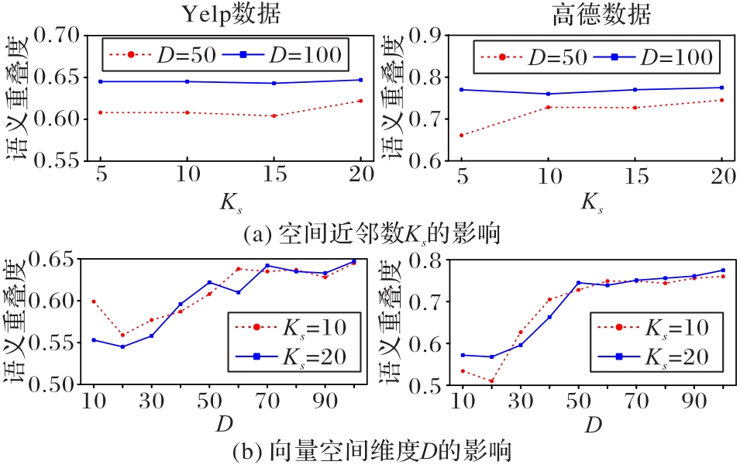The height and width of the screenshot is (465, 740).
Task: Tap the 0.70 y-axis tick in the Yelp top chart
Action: point(63,36)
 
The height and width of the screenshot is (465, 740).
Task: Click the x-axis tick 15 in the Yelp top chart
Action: point(274,178)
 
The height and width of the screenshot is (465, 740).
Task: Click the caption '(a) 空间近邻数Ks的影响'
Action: point(370,232)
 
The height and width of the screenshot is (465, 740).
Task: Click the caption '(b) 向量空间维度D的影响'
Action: point(370,451)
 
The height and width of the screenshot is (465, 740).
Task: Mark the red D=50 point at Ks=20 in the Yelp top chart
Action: point(361,101)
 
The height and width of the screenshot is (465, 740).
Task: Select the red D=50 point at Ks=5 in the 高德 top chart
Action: point(462,136)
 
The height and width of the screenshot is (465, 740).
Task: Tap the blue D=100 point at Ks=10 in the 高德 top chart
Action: point(549,94)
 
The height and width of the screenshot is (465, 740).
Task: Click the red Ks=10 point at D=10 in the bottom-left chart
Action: point(94,301)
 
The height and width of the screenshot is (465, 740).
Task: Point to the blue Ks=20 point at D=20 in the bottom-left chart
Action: point(123,346)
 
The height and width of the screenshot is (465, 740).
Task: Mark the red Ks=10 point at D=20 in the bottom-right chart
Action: point(491,381)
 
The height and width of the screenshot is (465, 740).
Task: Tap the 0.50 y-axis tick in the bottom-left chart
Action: point(63,384)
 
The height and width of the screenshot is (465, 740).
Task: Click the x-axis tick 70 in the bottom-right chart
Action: point(637,403)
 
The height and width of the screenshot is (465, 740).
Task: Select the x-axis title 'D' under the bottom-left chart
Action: point(225,425)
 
